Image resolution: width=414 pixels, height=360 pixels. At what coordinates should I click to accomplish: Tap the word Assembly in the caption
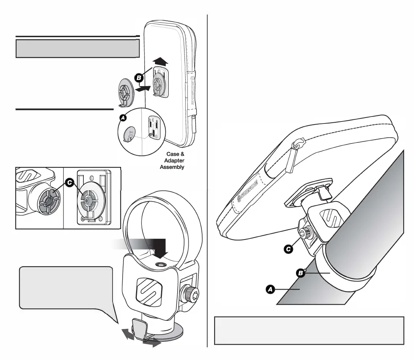172,167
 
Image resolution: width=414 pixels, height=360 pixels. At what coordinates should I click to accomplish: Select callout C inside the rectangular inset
69,183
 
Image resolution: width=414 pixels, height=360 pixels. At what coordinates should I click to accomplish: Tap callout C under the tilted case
287,249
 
